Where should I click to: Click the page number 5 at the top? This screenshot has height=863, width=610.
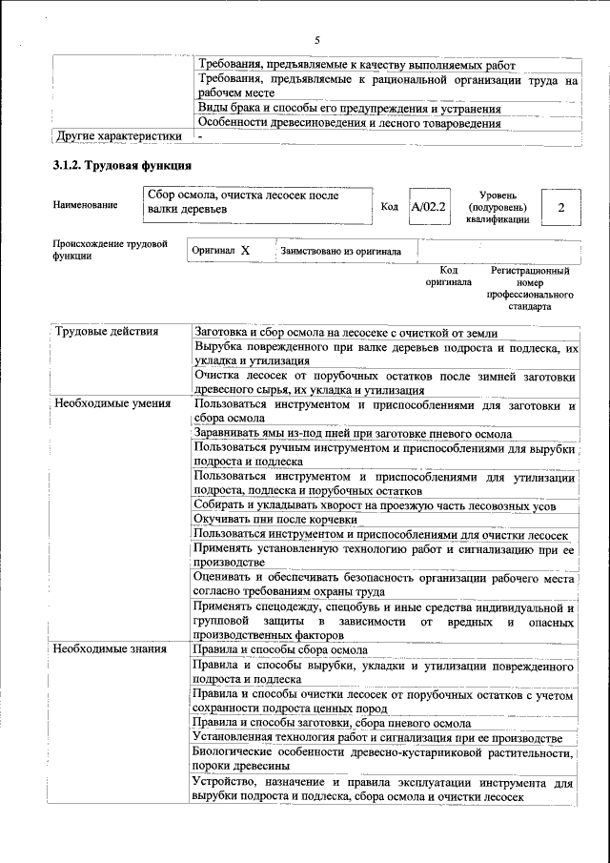[316, 39]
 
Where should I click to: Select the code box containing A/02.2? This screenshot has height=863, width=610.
[428, 206]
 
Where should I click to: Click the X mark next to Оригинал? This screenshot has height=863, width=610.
[245, 251]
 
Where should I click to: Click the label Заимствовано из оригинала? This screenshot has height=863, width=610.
[340, 252]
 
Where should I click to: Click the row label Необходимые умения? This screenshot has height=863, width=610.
[112, 404]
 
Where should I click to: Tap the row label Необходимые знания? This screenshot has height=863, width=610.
[111, 650]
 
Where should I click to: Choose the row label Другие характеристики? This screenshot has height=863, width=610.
[119, 135]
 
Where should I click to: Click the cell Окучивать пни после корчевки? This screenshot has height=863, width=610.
[275, 520]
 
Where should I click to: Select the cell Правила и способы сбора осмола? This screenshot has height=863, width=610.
[280, 650]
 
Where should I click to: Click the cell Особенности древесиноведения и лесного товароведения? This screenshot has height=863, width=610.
[349, 123]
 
